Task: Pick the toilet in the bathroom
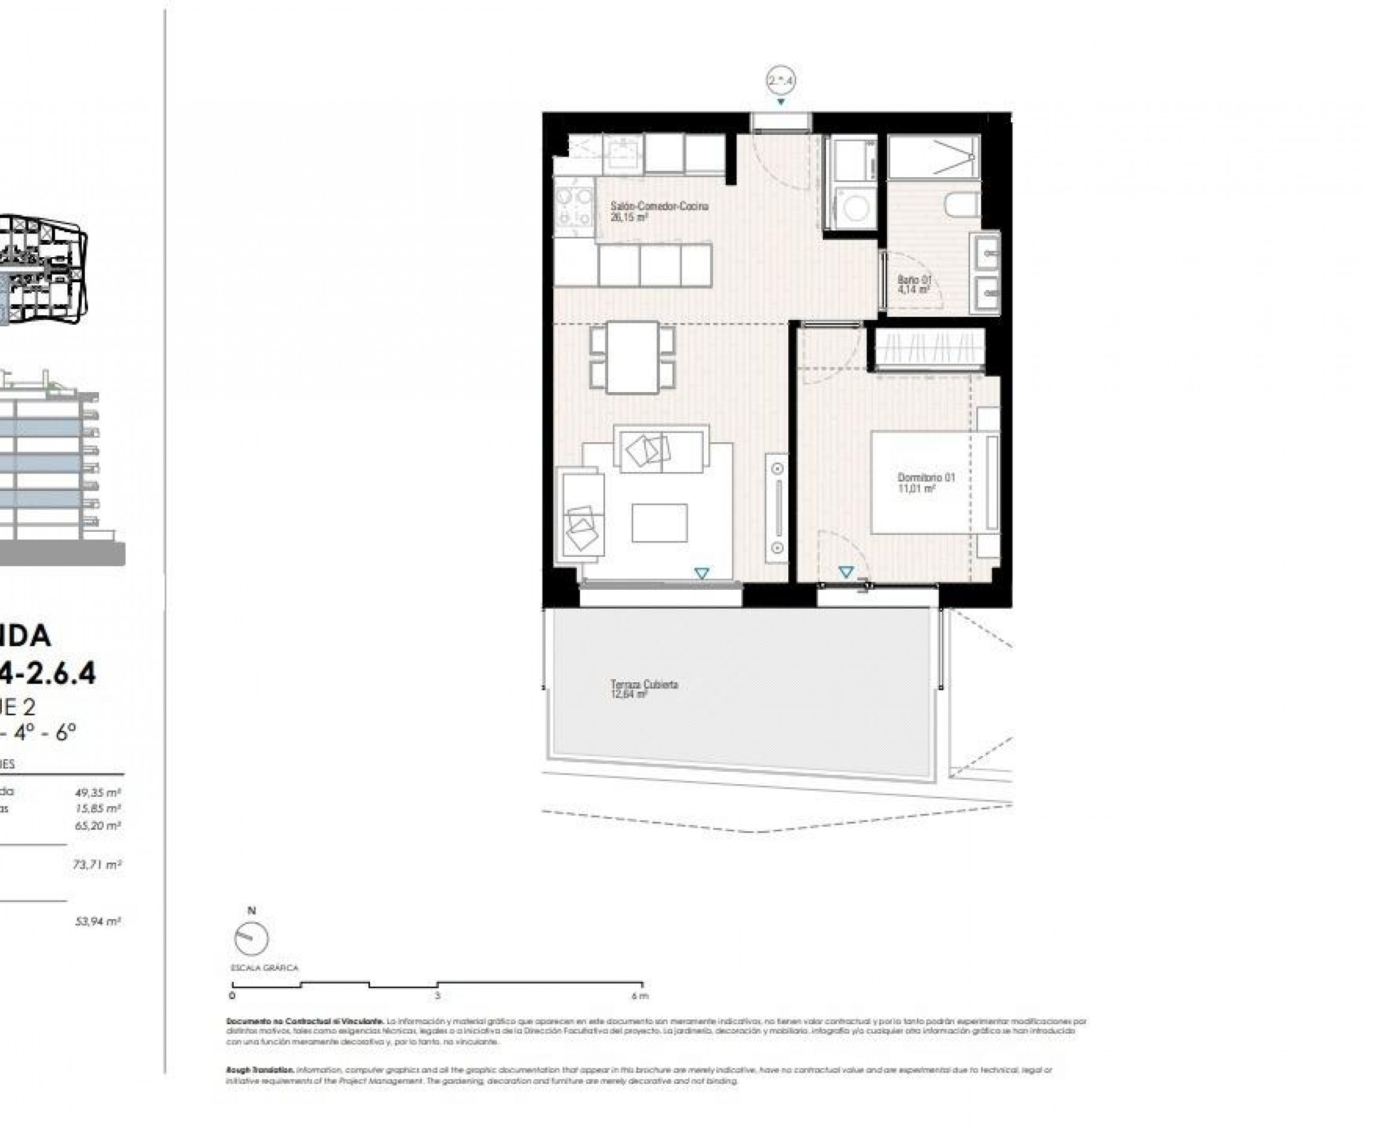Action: click(963, 205)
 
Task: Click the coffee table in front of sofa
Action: click(658, 523)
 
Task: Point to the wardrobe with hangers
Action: click(930, 347)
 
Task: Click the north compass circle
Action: click(250, 939)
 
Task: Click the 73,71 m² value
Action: click(97, 865)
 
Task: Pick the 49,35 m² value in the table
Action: click(97, 793)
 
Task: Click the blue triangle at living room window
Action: click(701, 573)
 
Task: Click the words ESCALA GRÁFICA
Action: click(264, 968)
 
